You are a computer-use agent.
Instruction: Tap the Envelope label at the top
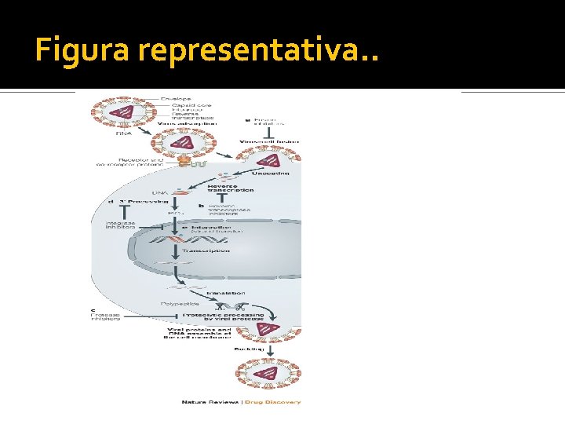click(177, 98)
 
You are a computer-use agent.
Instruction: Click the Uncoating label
click(272, 172)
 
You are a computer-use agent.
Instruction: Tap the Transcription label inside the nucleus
click(206, 250)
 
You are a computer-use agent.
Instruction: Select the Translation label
click(226, 292)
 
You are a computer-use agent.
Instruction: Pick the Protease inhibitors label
click(106, 315)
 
